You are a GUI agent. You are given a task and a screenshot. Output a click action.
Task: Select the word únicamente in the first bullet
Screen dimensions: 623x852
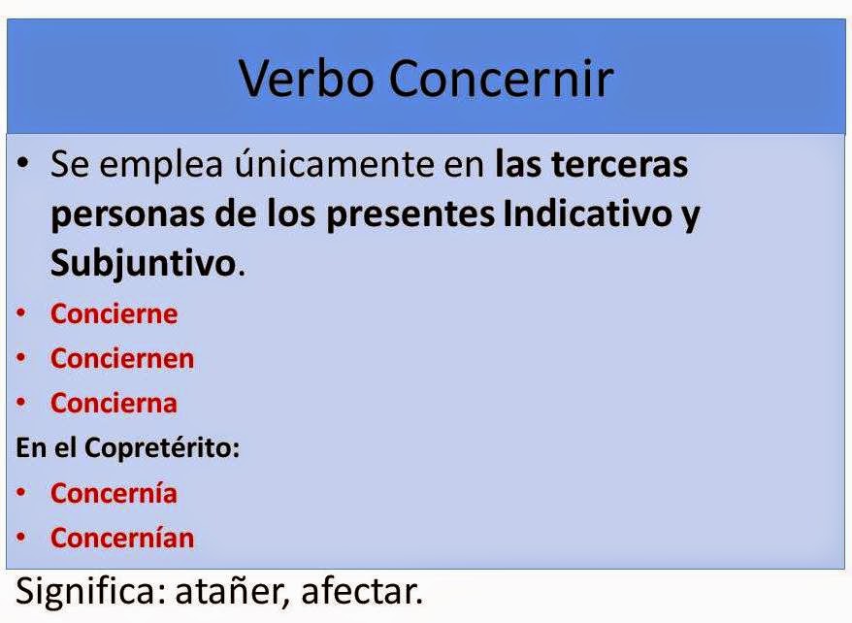[289, 165]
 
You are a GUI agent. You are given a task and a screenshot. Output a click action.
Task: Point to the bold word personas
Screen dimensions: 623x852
[116, 214]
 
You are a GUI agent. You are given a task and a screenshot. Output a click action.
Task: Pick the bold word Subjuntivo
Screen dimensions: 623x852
[143, 263]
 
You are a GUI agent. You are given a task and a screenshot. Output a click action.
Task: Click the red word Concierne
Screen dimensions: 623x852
[115, 314]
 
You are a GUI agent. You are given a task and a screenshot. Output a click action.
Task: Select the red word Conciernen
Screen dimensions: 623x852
[122, 358]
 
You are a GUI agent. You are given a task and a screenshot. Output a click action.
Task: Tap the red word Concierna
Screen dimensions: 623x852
[114, 403]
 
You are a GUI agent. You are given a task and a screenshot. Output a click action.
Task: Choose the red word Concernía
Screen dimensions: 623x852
[114, 493]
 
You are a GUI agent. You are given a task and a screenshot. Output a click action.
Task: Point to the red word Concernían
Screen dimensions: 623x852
[122, 538]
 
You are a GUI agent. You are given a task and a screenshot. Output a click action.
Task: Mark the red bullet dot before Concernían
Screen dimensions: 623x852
[21, 537]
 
